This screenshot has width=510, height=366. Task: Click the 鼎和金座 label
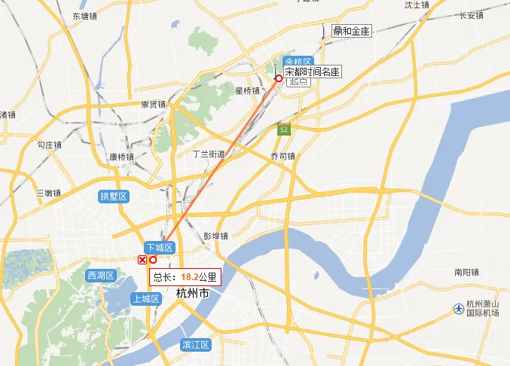tap(351, 31)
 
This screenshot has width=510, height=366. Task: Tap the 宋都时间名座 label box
tap(313, 72)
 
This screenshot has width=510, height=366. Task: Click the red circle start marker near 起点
tap(279, 78)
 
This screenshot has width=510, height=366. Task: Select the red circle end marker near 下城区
tap(154, 260)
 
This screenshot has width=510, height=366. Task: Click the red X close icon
tap(142, 260)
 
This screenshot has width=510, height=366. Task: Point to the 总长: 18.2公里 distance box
tap(185, 277)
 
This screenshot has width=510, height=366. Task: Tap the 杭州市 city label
tap(191, 293)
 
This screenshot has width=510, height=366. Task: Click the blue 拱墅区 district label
tap(115, 197)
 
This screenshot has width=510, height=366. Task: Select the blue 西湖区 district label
tap(99, 275)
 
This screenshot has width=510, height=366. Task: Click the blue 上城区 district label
tap(145, 299)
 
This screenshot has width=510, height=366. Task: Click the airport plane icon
tap(459, 308)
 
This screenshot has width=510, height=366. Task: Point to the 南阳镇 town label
tap(468, 271)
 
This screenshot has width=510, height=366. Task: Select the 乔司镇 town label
tap(283, 156)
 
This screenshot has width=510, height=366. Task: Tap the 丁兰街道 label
tap(209, 153)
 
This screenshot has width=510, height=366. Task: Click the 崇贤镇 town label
tap(153, 105)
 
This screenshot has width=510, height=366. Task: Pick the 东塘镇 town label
tap(84, 15)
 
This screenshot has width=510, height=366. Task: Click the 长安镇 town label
tap(472, 14)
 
